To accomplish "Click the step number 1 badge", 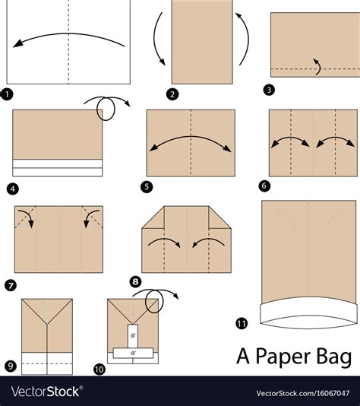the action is click(x=7, y=94).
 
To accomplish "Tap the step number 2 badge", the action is click(x=172, y=94).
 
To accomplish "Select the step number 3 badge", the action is click(x=269, y=90).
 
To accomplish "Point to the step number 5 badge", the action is click(x=147, y=187).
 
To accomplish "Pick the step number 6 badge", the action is click(x=264, y=186).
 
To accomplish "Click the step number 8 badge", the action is click(x=135, y=281).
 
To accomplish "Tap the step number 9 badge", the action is click(x=11, y=366).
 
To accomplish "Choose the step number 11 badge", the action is click(x=242, y=323).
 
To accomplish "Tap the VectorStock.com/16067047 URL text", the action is click(x=303, y=393).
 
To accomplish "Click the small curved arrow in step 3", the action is click(x=317, y=67).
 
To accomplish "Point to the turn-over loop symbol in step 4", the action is click(x=107, y=107).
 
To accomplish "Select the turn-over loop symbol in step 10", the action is click(x=155, y=300).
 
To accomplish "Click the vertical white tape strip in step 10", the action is click(x=133, y=336).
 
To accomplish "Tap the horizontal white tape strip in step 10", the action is click(x=133, y=354).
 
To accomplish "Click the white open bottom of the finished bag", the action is click(x=308, y=312).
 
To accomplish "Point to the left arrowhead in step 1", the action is click(x=17, y=44).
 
